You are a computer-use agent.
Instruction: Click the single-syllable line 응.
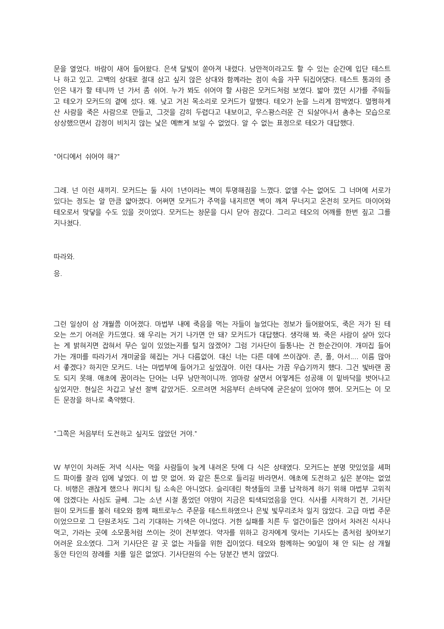(x=58, y=275)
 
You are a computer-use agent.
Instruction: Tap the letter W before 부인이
(x=56, y=467)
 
